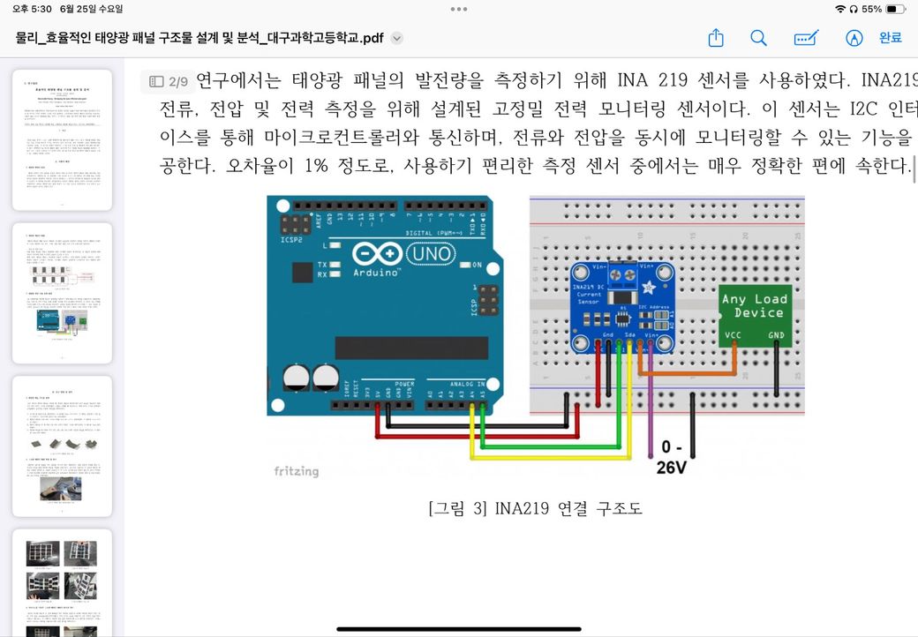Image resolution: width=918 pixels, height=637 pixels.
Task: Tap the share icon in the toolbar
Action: coord(716,38)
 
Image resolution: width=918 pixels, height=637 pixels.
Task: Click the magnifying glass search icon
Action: coord(758,38)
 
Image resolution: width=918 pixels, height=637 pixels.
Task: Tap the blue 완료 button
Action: coord(890,38)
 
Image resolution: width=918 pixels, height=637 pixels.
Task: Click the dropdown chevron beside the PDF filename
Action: coord(397,38)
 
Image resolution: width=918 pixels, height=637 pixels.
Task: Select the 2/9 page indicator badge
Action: coord(169,82)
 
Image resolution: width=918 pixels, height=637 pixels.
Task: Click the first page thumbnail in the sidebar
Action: coord(62,140)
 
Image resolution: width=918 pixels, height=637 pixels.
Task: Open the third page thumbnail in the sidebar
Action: coord(62,446)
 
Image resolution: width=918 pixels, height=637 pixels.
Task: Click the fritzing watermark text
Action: coord(296,471)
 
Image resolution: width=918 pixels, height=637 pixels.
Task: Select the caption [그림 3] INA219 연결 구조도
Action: coord(535,509)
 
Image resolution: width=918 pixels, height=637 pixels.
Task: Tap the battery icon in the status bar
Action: coord(895,9)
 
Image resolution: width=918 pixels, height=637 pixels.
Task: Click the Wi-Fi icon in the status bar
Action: coord(839,9)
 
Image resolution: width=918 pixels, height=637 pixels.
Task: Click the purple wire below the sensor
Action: coord(651,415)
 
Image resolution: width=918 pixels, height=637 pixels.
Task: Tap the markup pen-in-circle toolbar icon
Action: coord(854,38)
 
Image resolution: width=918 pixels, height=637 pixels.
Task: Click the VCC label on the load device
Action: coord(733,335)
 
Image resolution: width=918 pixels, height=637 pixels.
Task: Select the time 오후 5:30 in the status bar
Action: coord(31,9)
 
